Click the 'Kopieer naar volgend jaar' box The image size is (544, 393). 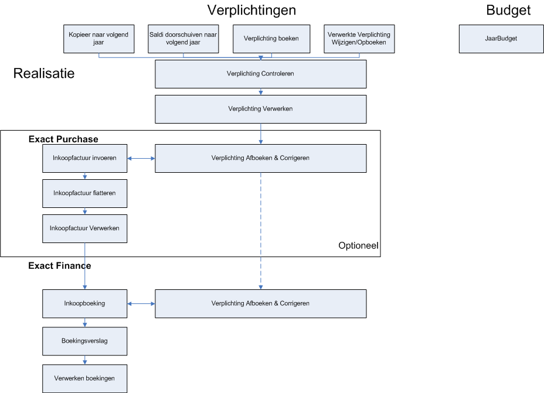coord(99,39)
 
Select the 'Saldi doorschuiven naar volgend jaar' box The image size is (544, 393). coord(183,39)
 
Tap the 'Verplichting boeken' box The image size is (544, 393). coord(271,39)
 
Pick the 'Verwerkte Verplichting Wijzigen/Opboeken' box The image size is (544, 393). coord(359,39)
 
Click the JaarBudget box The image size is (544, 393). coord(501,39)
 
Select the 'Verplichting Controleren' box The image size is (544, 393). coord(260,74)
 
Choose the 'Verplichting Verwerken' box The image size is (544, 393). coord(260,109)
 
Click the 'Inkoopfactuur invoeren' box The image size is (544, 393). coord(84,158)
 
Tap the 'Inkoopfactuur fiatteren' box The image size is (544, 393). coord(84,193)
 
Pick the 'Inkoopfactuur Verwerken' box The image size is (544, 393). coord(84,229)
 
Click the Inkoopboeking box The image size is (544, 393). coord(84,303)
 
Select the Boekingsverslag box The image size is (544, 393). coord(84,341)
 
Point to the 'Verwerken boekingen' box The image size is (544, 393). coord(84,378)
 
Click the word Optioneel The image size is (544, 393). coord(358,246)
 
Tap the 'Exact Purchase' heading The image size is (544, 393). coord(63,139)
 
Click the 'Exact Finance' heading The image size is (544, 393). coord(60,266)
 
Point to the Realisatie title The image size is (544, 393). coord(44,73)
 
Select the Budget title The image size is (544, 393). coord(508,10)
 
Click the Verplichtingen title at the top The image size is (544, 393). coord(251,11)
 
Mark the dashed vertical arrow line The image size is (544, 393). coord(260,231)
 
